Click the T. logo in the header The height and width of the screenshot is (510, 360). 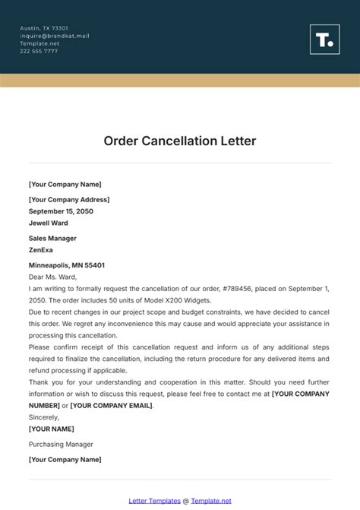324,40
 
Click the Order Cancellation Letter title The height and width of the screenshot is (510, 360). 180,141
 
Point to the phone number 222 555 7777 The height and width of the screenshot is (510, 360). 39,51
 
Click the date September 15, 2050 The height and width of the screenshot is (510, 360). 61,211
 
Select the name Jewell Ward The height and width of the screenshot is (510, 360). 49,223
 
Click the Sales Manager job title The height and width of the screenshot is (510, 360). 53,238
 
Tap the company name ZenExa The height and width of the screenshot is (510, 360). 41,249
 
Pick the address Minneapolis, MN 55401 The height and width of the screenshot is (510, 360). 67,265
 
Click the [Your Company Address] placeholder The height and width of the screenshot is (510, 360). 69,199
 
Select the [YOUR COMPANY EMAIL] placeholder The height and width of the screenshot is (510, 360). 112,405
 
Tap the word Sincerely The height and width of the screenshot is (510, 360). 45,417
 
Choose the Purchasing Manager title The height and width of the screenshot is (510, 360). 61,444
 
